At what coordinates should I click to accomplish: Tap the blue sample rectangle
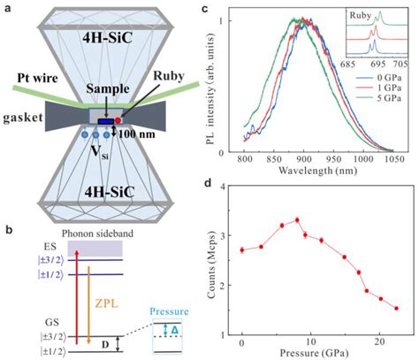[104, 122]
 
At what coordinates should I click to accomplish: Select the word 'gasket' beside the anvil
[21, 119]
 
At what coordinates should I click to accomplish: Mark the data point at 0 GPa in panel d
[242, 250]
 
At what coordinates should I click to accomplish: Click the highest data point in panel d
[297, 220]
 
